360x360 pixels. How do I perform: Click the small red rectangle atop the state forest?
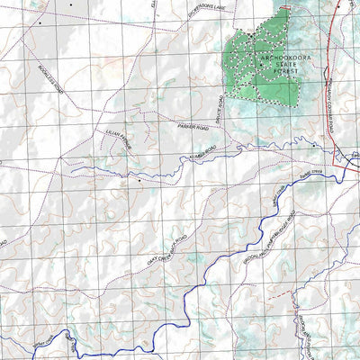286,7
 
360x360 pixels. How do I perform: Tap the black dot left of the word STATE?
261,65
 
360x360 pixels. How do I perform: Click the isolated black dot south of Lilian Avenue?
139,179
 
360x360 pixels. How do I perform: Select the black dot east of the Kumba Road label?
313,144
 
